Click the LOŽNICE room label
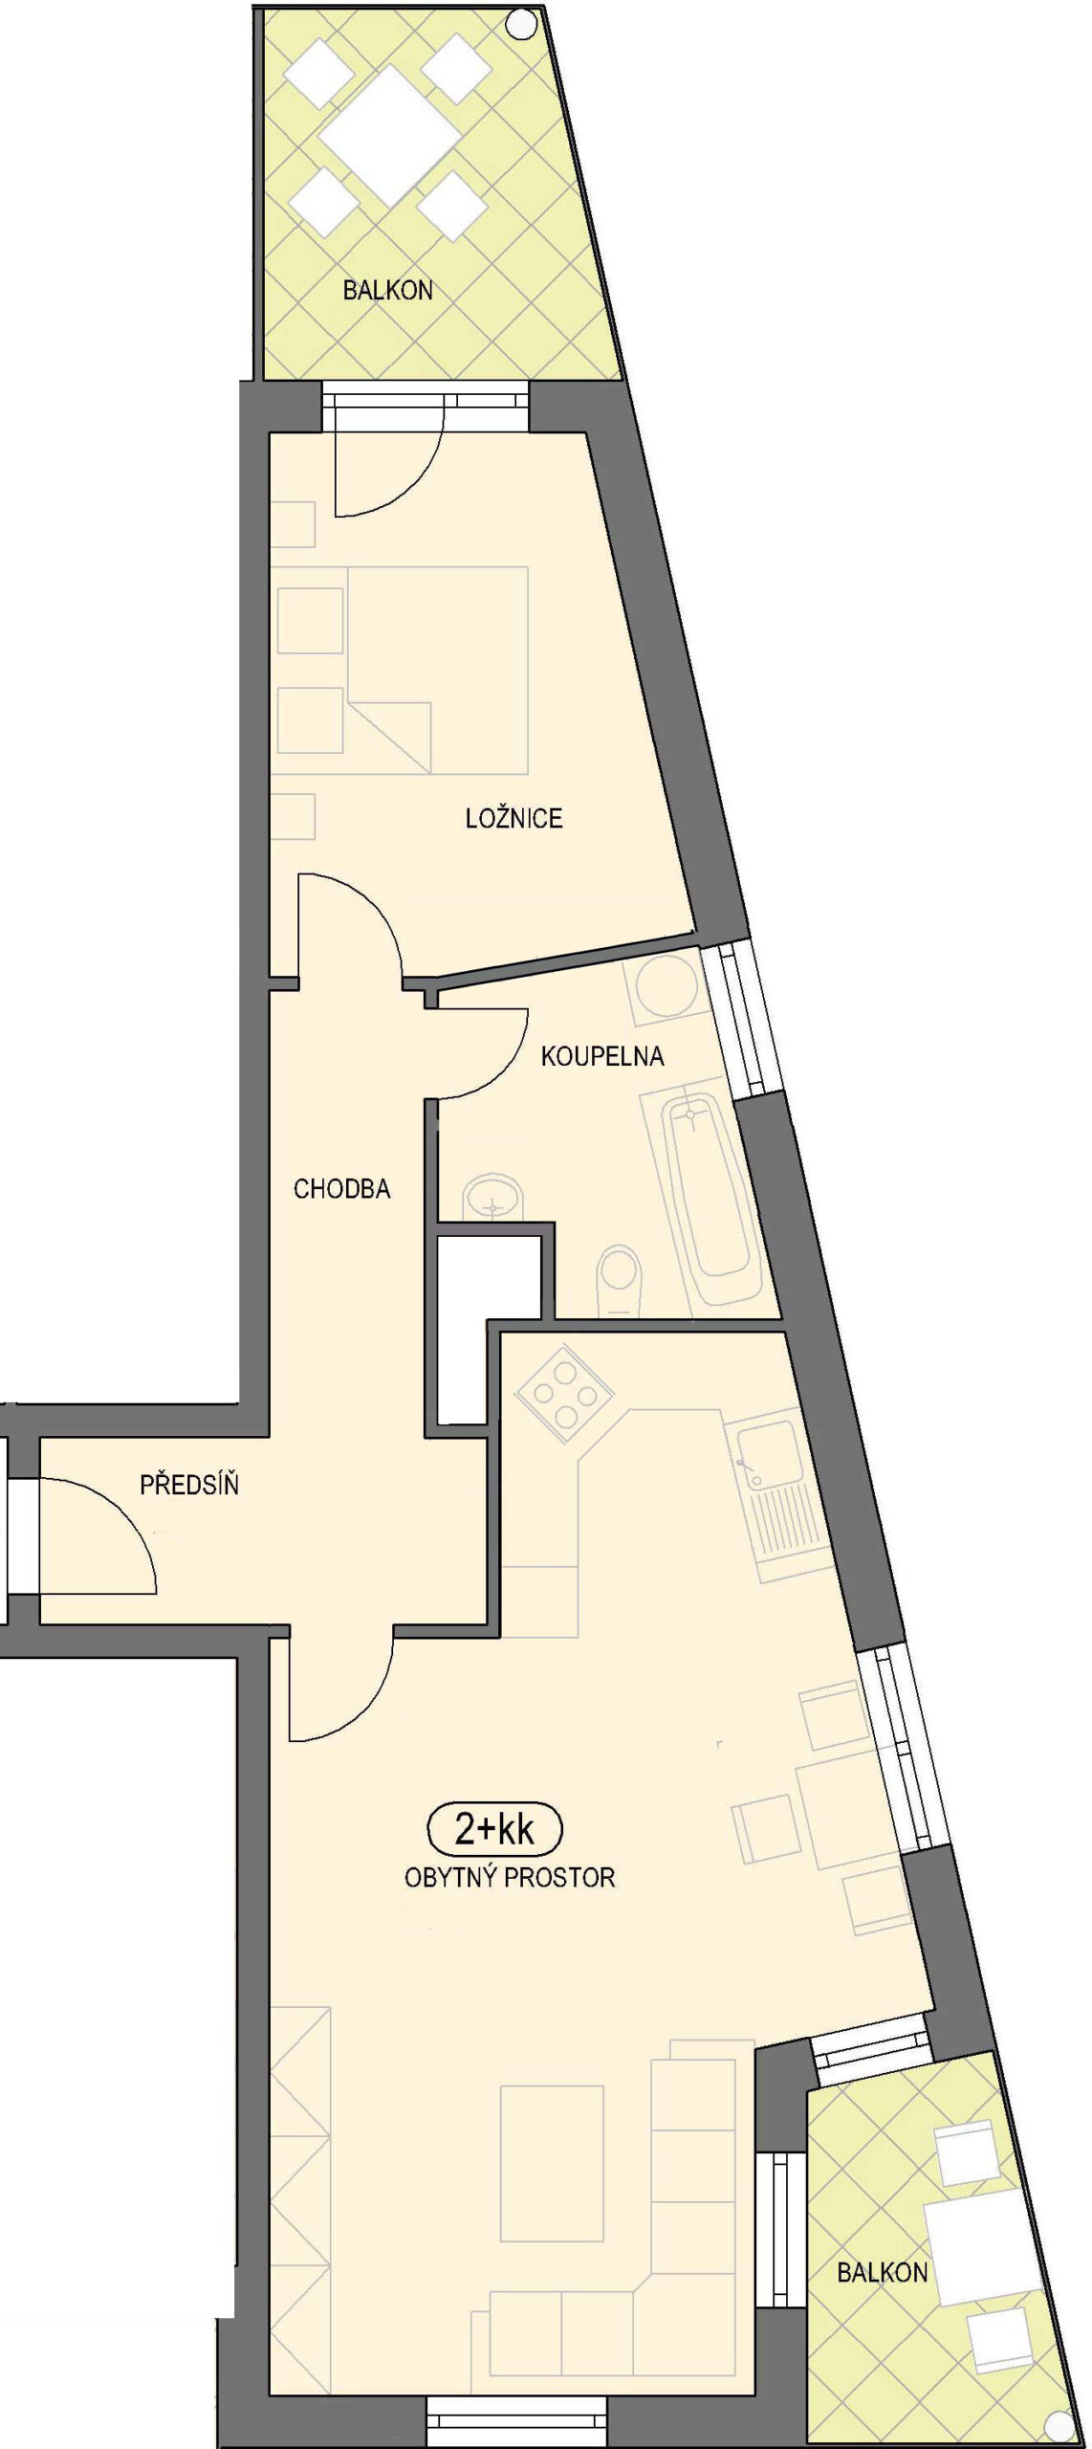click(x=513, y=818)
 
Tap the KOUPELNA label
click(x=602, y=1056)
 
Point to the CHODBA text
click(x=341, y=1188)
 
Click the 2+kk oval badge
click(x=494, y=1830)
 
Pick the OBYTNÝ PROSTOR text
click(x=510, y=1877)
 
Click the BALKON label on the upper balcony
click(x=387, y=290)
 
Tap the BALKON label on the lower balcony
click(x=882, y=2272)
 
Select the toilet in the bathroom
click(x=619, y=1280)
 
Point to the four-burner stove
click(x=561, y=1395)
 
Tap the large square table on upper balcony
click(x=388, y=135)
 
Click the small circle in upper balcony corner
click(x=522, y=23)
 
